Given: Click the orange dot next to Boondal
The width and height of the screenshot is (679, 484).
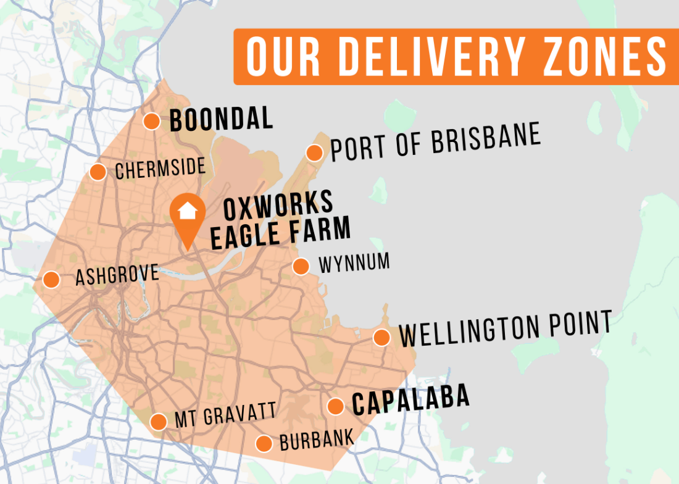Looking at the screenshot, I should [152, 121].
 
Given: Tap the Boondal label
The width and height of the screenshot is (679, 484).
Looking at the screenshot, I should [221, 119].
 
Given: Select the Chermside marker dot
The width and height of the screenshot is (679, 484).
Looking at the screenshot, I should [98, 172].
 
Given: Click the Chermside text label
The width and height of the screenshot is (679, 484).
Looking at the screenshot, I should [160, 169].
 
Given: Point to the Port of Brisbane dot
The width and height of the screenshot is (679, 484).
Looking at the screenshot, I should [314, 152].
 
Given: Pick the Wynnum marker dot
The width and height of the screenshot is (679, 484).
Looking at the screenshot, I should [301, 266].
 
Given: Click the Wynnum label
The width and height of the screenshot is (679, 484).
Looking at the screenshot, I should [354, 263].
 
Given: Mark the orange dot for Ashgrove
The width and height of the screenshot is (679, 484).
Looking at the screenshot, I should [51, 280].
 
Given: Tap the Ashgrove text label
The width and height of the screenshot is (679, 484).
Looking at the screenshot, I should [117, 275].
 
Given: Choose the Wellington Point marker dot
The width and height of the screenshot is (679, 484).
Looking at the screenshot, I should [381, 338].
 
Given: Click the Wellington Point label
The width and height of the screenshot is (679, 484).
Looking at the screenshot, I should [505, 329].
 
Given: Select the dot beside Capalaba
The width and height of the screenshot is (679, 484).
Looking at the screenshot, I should [335, 406].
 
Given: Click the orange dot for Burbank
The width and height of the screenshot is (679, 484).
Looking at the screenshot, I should [264, 443].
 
